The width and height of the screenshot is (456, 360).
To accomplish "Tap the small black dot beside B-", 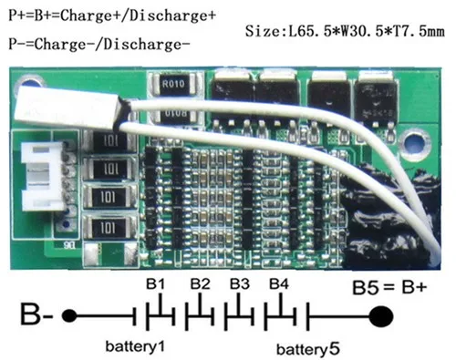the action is coord(66,319).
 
